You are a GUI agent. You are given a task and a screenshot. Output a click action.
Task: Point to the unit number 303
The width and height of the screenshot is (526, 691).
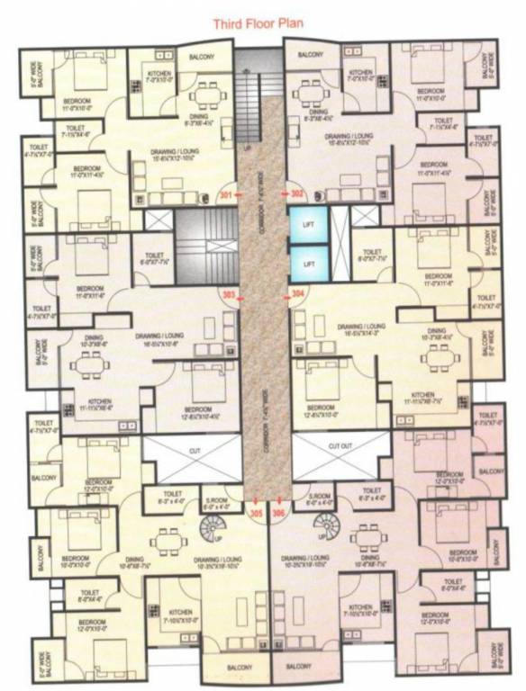(229, 294)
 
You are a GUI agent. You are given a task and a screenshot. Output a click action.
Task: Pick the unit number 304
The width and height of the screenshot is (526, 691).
(298, 294)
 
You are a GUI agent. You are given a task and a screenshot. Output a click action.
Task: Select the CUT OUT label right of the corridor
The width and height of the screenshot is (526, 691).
(340, 445)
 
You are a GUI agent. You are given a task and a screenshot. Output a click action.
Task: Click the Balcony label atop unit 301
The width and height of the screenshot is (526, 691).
(201, 57)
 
